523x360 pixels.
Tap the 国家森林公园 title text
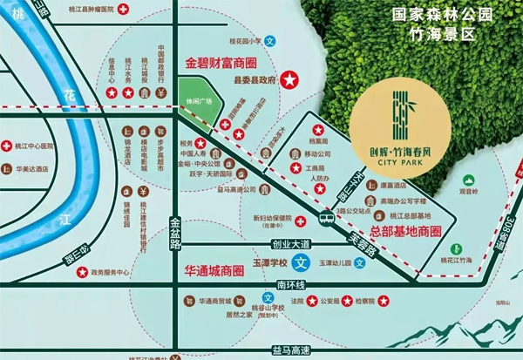click(444, 16)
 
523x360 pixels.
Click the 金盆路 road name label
click(175, 232)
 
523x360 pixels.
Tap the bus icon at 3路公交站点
click(326, 217)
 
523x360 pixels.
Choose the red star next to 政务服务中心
click(82, 273)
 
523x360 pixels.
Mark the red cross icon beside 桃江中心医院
click(8, 146)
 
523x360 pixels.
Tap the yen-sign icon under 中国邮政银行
click(162, 91)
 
